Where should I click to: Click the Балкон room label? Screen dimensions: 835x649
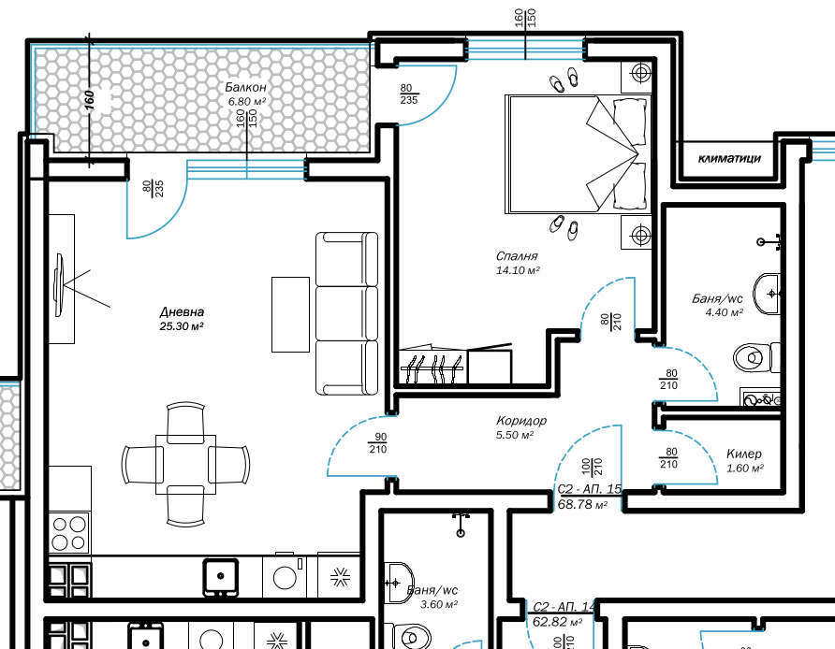point(245,87)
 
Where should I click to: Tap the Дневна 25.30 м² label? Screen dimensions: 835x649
point(182,319)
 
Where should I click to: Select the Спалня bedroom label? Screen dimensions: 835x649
point(517,256)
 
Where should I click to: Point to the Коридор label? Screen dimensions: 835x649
point(521,421)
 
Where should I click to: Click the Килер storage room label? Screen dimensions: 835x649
point(744,454)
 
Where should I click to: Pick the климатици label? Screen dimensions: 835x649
point(729,158)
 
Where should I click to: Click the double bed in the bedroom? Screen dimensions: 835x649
point(578,154)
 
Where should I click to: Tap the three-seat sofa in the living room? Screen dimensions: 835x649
point(346,313)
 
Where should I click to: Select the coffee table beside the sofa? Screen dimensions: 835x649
point(291,314)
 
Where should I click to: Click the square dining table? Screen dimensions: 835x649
point(186,465)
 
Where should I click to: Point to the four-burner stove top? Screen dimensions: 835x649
point(69,533)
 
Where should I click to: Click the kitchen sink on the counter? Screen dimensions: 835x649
point(221,577)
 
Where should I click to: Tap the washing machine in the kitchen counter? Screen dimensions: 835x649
point(285,576)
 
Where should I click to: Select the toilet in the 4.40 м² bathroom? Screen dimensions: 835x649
point(756,357)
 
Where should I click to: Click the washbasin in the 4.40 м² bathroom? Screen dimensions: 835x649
point(767,294)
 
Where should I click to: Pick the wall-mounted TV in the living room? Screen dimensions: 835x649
point(59,285)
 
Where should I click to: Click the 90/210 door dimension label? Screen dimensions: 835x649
point(378,443)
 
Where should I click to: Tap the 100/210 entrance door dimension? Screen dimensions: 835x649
point(592,467)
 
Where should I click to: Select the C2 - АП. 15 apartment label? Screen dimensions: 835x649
point(590,489)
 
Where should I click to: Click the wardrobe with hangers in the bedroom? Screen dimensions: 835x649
point(432,366)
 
